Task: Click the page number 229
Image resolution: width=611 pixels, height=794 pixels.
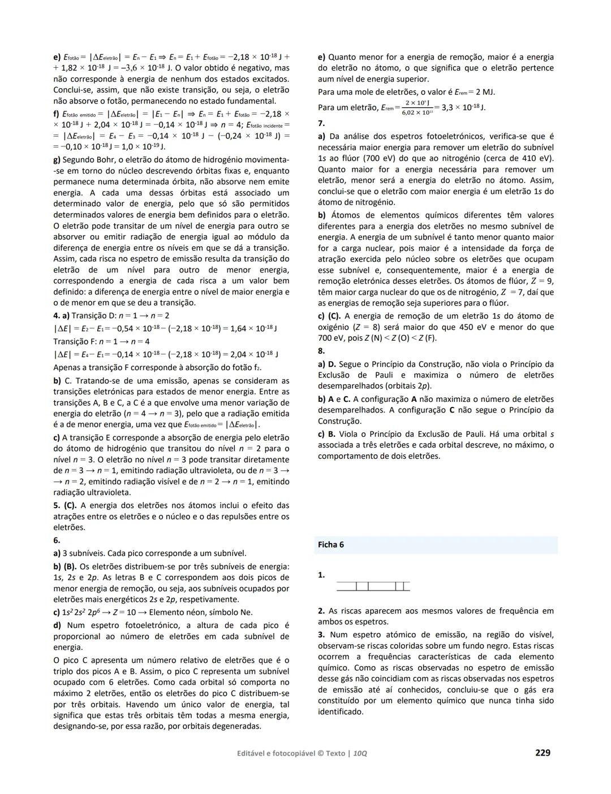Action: point(542,752)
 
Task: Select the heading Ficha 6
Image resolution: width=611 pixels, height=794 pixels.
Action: point(331,545)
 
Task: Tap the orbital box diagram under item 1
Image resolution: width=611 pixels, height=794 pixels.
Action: point(373,586)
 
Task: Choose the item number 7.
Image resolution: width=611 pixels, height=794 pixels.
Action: point(321,123)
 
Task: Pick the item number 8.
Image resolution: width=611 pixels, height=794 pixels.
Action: point(321,351)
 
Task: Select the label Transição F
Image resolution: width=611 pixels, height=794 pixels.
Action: point(74,341)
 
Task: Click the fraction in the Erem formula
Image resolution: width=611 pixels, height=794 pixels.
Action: point(418,107)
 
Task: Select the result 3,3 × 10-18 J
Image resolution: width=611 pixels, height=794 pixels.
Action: point(463,107)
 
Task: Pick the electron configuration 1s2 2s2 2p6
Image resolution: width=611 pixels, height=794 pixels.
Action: point(85,612)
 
